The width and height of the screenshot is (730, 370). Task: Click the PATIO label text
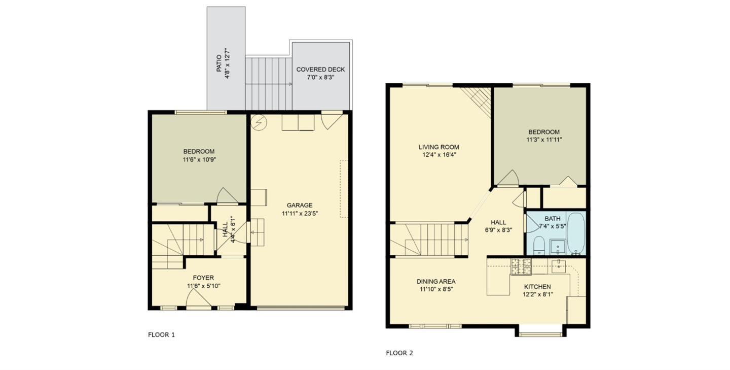coord(219,63)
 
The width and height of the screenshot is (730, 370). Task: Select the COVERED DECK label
coord(320,70)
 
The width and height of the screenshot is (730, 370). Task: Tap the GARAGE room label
coord(300,206)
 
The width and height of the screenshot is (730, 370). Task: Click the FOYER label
coord(203,278)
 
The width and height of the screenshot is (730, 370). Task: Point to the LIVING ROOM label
coord(439,147)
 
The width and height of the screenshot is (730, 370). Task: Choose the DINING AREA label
coord(436,282)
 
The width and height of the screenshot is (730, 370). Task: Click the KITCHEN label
coord(537,287)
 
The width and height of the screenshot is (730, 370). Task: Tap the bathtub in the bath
coord(576,233)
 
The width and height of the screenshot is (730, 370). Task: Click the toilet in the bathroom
coord(539,245)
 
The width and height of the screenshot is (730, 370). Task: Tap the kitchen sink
coord(559,265)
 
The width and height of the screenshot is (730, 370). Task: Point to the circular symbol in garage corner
coord(259,122)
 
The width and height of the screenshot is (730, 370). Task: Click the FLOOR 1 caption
coord(161,335)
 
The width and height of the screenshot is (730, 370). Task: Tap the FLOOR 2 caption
coord(399,353)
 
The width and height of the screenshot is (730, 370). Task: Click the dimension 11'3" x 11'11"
coord(544,139)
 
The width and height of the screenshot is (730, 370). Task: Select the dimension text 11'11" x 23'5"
coord(300,214)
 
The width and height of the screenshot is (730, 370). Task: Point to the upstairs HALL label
coord(498,222)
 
